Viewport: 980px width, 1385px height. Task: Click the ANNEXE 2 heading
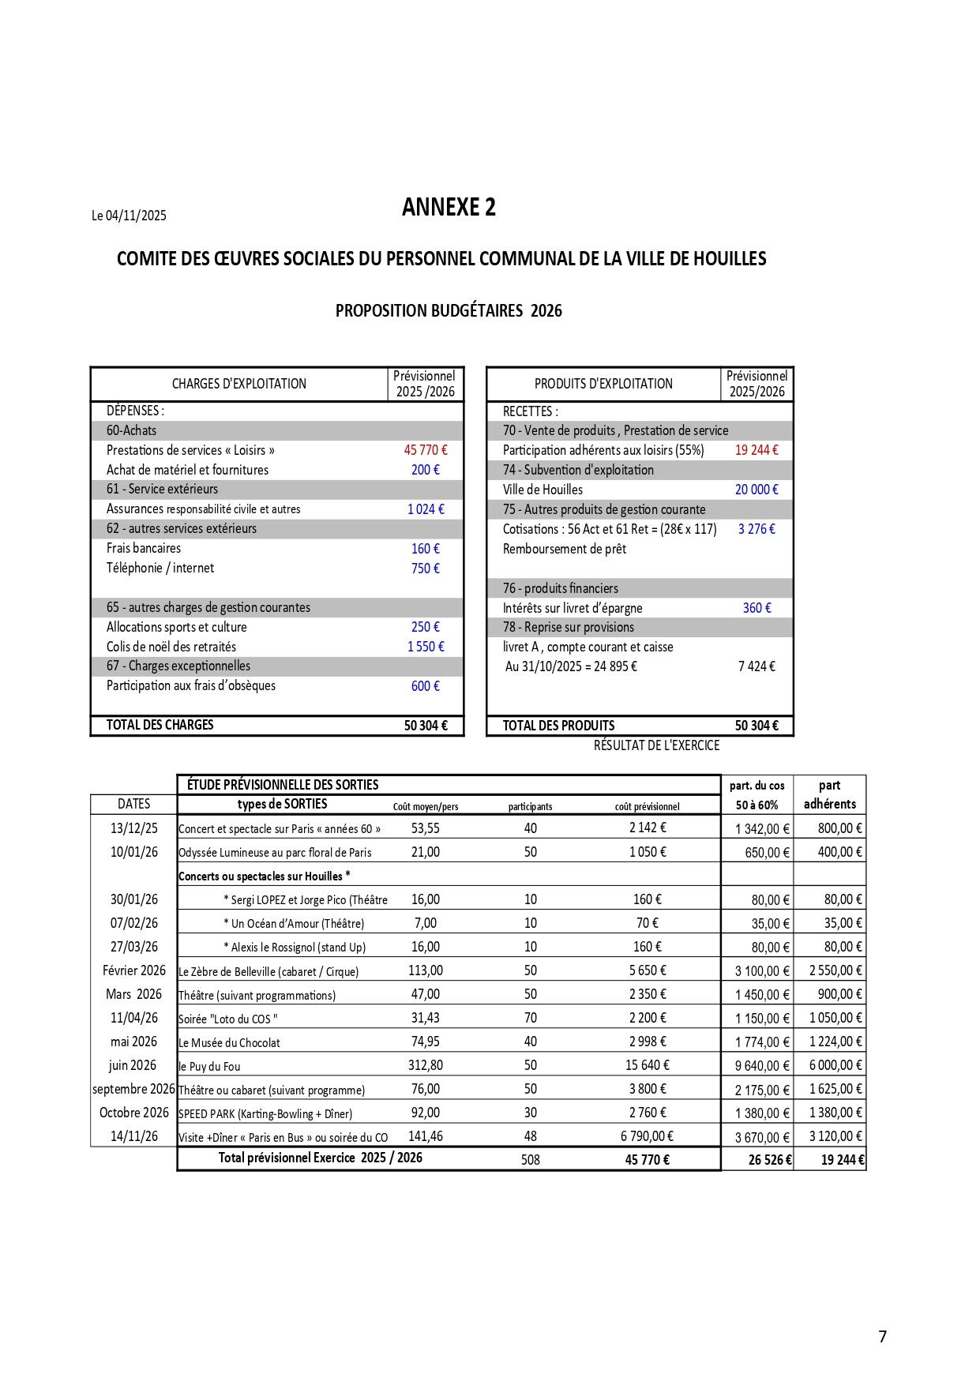coord(449,207)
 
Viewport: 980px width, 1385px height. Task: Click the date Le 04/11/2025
coord(129,216)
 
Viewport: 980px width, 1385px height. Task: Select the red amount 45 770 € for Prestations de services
coord(425,450)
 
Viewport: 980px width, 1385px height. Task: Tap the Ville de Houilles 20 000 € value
coord(756,490)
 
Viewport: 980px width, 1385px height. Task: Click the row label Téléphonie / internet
coord(160,568)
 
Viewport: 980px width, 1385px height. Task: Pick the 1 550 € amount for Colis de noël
coord(425,647)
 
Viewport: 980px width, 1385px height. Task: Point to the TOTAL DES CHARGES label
coord(160,725)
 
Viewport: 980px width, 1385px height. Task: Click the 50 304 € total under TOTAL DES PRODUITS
coord(756,726)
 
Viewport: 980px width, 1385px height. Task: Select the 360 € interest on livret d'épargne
coord(756,608)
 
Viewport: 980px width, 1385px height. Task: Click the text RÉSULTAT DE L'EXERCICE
coord(656,745)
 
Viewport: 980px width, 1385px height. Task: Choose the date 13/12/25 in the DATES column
coord(133,828)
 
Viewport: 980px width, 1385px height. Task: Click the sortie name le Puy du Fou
coord(209,1066)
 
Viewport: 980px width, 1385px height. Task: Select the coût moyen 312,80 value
coord(425,1065)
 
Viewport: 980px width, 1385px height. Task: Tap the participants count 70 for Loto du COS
coord(530,1018)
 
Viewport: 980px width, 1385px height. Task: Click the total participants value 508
coord(530,1160)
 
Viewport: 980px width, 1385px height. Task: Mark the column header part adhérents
coord(829,794)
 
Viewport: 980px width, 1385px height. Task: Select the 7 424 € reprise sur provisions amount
coord(756,666)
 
